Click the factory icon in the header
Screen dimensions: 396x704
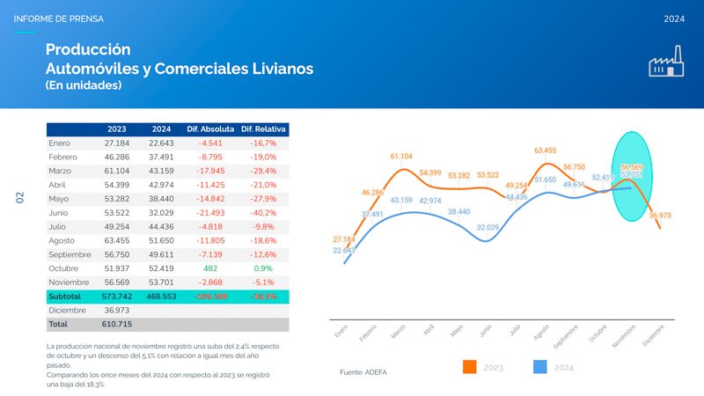tap(666, 64)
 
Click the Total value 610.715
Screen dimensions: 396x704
tap(117, 325)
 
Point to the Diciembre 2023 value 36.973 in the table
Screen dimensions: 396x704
tap(117, 311)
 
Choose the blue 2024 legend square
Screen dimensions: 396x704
tap(540, 367)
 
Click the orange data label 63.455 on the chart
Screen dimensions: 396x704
tap(545, 150)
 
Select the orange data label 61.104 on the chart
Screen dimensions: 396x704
tap(401, 157)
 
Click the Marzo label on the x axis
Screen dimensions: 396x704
tap(398, 334)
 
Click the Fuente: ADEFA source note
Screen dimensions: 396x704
tap(363, 372)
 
